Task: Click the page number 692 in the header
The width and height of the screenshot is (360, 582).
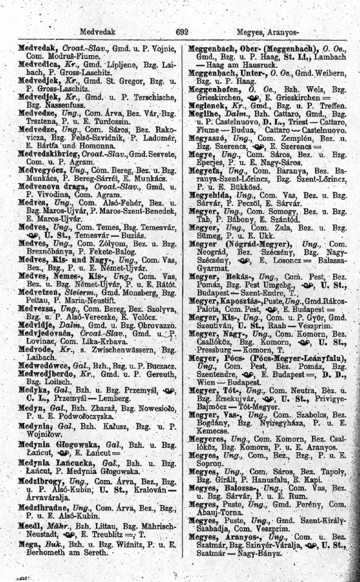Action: tap(182, 30)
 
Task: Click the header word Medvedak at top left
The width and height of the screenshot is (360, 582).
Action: tap(97, 30)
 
